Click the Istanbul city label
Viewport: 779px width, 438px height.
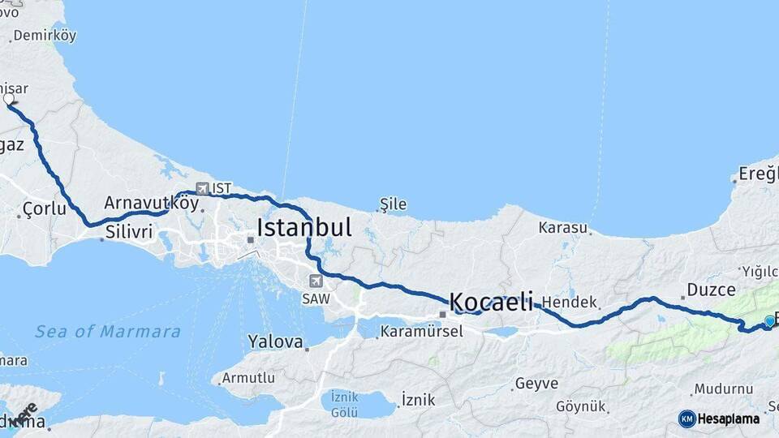[304, 228]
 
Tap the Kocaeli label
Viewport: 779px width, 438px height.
[491, 303]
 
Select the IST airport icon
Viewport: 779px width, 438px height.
[202, 188]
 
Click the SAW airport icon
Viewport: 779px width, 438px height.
[316, 281]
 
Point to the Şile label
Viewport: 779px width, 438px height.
[394, 204]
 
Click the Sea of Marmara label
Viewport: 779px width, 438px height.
[108, 331]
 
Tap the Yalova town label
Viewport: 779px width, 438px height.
[276, 341]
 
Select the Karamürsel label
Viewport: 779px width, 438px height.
[421, 331]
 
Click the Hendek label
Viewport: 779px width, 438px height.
[570, 302]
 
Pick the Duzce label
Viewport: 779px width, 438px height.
[711, 290]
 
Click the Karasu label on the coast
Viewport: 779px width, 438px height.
[562, 228]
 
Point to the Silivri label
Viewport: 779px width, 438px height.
[128, 232]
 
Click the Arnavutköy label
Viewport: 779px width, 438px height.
[151, 202]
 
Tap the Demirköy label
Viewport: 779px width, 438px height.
[45, 36]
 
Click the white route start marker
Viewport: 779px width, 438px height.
[9, 99]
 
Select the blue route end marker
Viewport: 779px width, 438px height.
[769, 321]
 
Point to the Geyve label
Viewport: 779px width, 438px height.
[536, 384]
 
